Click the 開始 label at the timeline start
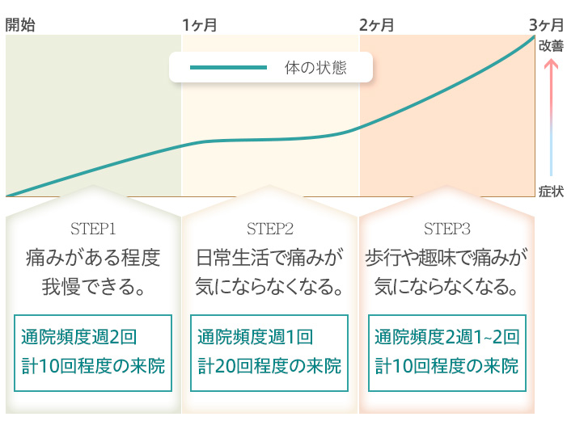20,25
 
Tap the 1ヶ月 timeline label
200,25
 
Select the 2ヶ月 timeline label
376,25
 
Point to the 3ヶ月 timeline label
547,25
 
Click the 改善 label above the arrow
551,46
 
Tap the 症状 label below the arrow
551,192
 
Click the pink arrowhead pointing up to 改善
551,64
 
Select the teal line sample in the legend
228,67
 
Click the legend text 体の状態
315,68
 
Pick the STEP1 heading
93,229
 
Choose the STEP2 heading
270,229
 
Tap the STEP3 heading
447,229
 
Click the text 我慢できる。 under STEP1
94,287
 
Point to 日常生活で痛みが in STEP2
270,258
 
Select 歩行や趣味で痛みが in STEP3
446,258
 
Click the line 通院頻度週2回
78,337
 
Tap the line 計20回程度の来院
269,366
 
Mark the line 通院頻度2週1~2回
447,337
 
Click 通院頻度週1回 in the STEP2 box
256,337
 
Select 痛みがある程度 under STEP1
93,258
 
